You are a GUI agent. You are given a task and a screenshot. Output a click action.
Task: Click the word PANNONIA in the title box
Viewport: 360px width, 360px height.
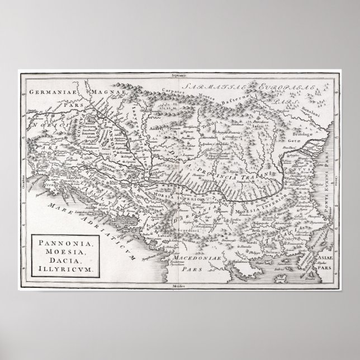[x=56, y=244]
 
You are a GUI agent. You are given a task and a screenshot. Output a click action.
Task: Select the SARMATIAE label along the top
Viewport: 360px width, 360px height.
[x=215, y=87]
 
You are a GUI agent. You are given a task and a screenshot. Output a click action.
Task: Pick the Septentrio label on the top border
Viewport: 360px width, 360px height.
[x=182, y=74]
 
